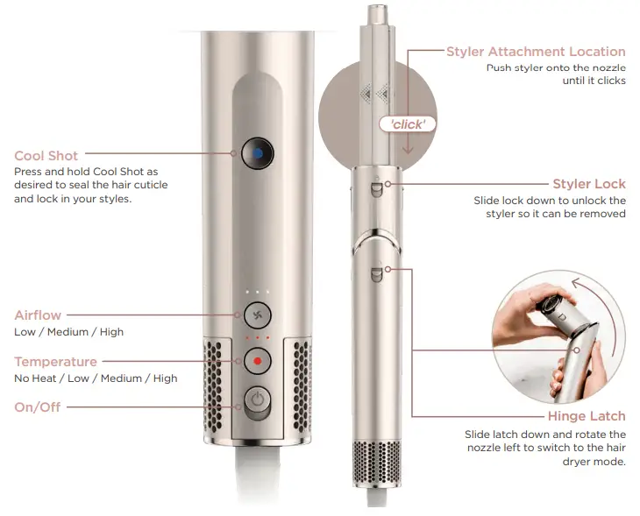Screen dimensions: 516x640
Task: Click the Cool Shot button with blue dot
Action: [x=255, y=152]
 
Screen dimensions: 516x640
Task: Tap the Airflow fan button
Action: [x=258, y=315]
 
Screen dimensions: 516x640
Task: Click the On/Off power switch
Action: [x=257, y=401]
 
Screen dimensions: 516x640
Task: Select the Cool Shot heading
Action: [x=46, y=156]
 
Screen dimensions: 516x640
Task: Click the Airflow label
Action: [x=38, y=315]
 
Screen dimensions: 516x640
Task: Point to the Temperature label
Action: [x=55, y=362]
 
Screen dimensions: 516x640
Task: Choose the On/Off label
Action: [x=38, y=407]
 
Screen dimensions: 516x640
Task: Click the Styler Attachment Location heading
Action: [x=536, y=52]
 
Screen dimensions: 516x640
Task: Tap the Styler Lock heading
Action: [x=589, y=184]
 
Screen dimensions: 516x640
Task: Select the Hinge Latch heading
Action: [x=587, y=417]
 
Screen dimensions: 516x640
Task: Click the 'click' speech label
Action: [x=408, y=124]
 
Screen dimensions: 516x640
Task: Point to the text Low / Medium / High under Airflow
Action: [x=69, y=332]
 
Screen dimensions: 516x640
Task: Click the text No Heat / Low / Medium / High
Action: [x=96, y=378]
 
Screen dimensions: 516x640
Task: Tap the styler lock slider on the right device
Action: [x=376, y=186]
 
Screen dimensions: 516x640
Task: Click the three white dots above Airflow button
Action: [x=258, y=291]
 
